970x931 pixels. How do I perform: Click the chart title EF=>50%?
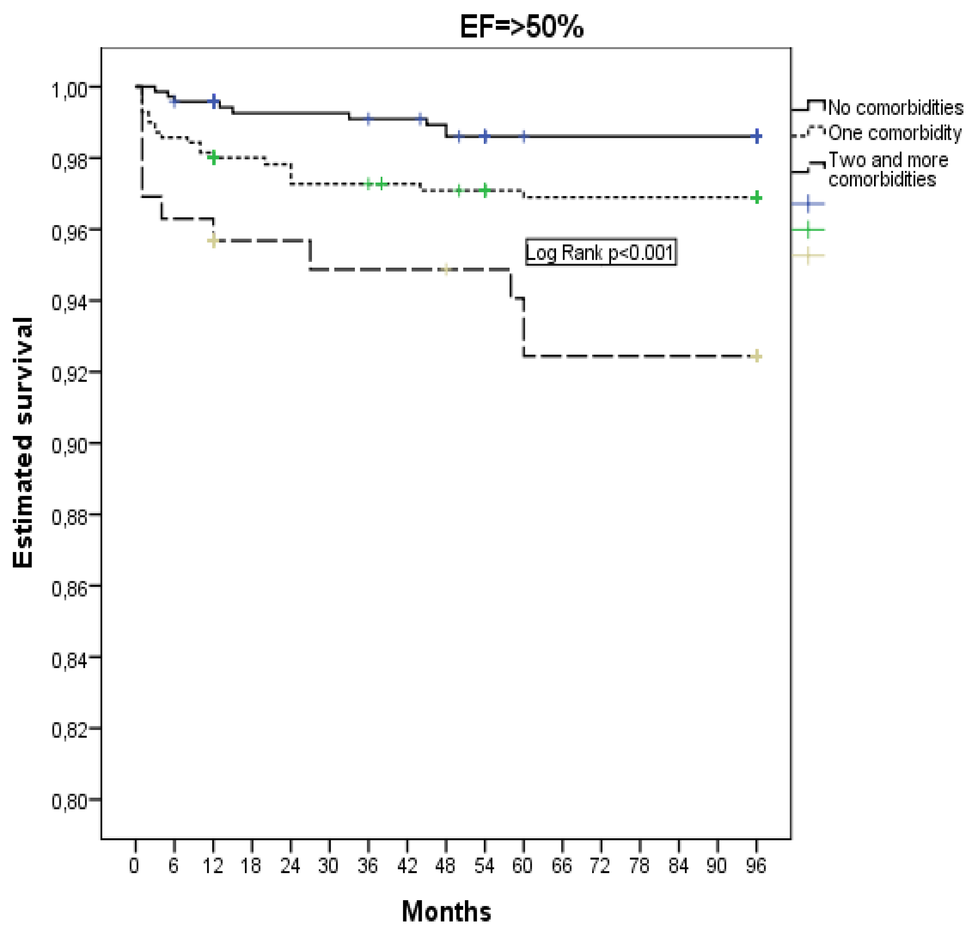[521, 27]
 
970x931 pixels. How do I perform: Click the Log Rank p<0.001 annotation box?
[600, 253]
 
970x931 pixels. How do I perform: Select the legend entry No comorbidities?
[895, 107]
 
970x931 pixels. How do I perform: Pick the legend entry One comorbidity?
[894, 132]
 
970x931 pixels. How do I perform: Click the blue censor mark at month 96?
[756, 136]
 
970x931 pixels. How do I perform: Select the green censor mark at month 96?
[756, 198]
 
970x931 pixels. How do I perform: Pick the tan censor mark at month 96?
[756, 356]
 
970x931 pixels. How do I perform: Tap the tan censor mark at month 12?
[213, 240]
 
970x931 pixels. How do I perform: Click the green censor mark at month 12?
[213, 158]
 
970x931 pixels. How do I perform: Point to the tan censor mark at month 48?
[446, 269]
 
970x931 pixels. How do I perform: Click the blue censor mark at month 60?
[524, 136]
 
